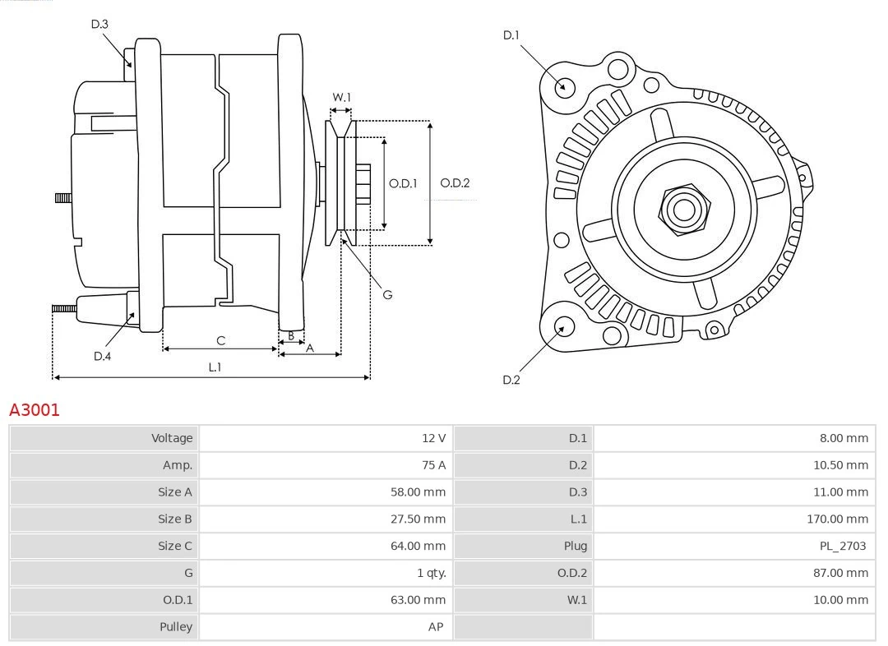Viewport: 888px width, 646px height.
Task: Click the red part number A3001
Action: point(35,409)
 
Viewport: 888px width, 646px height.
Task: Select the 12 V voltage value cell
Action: point(433,438)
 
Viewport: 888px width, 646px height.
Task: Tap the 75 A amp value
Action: point(433,465)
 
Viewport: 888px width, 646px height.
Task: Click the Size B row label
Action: point(175,519)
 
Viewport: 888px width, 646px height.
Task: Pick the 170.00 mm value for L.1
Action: point(837,519)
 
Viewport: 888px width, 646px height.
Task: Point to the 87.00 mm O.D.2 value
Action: point(840,573)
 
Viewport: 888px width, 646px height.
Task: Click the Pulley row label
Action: point(176,626)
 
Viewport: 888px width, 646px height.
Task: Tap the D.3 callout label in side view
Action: point(99,24)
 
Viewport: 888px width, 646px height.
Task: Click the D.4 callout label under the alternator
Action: point(102,356)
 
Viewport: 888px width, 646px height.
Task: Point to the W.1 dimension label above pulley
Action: point(341,97)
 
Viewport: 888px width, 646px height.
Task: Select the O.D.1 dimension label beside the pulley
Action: point(403,183)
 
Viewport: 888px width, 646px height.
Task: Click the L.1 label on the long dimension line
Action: point(215,367)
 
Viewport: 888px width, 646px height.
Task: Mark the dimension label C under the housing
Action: point(220,340)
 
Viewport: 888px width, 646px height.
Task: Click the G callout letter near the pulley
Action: point(387,294)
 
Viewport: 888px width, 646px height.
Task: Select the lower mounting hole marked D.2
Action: point(563,327)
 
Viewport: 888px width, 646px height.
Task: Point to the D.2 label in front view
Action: point(511,380)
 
